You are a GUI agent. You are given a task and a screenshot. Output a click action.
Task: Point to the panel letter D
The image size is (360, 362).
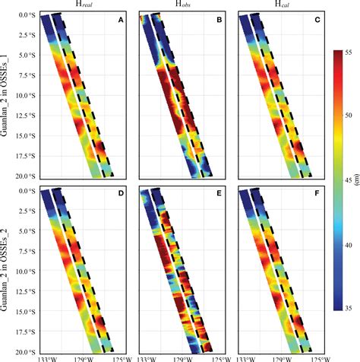[x=120, y=194]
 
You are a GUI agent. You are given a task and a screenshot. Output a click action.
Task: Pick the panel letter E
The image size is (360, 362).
[x=218, y=194]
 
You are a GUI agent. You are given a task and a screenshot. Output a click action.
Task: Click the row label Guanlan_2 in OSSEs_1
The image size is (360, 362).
[x=7, y=96]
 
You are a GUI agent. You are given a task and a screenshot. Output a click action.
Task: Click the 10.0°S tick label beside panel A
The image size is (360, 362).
[x=18, y=95]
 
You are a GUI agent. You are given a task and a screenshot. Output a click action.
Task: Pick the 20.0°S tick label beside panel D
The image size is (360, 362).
[x=18, y=350]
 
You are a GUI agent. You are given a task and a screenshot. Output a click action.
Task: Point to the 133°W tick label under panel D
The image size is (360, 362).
[x=46, y=357]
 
